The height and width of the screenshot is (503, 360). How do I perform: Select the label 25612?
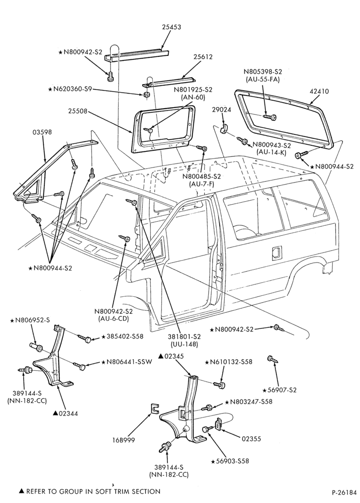pyautogui.click(x=203, y=57)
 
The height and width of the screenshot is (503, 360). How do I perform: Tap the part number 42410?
pyautogui.click(x=319, y=92)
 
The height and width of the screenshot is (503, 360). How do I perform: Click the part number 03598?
pyautogui.click(x=42, y=132)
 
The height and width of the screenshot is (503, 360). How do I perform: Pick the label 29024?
pyautogui.click(x=221, y=110)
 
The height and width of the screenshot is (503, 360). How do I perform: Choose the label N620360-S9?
pyautogui.click(x=69, y=89)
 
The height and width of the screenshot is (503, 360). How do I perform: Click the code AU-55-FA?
pyautogui.click(x=262, y=79)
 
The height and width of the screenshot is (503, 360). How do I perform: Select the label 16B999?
pyautogui.click(x=123, y=440)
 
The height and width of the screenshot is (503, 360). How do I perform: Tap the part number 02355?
pyautogui.click(x=251, y=439)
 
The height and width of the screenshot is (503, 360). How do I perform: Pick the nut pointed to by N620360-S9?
pyautogui.click(x=145, y=95)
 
